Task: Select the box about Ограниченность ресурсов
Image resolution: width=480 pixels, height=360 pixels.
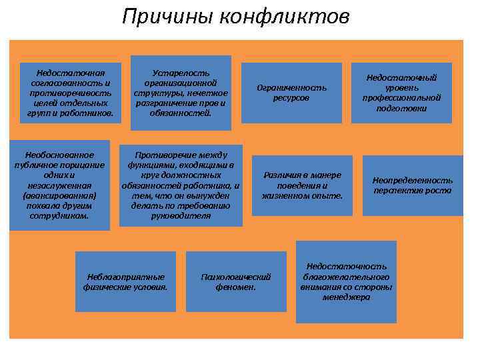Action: click(x=291, y=93)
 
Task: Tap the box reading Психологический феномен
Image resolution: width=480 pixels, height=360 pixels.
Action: click(x=236, y=281)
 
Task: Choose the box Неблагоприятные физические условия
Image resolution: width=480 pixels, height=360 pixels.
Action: click(x=125, y=281)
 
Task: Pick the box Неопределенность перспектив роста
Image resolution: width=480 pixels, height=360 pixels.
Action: click(x=412, y=185)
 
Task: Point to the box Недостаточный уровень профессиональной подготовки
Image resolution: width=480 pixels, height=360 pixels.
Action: click(x=401, y=93)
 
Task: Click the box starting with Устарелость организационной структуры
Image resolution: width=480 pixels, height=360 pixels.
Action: click(x=181, y=93)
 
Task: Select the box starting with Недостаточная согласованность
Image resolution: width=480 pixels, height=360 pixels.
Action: click(x=71, y=93)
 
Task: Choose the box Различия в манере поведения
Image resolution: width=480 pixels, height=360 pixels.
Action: click(x=302, y=185)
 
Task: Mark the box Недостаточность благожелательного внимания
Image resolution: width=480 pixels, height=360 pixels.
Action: click(x=346, y=281)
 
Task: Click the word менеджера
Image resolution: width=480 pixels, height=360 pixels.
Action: click(x=346, y=297)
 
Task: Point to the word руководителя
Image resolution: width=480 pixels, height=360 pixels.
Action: click(x=181, y=216)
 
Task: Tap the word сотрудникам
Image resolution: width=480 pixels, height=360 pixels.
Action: click(x=59, y=216)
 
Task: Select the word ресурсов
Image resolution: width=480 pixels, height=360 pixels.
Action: click(x=291, y=98)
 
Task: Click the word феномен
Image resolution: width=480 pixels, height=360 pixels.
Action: click(x=236, y=287)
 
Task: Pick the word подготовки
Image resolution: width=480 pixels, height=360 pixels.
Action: click(x=401, y=108)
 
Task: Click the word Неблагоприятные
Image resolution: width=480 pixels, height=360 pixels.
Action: click(x=125, y=276)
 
